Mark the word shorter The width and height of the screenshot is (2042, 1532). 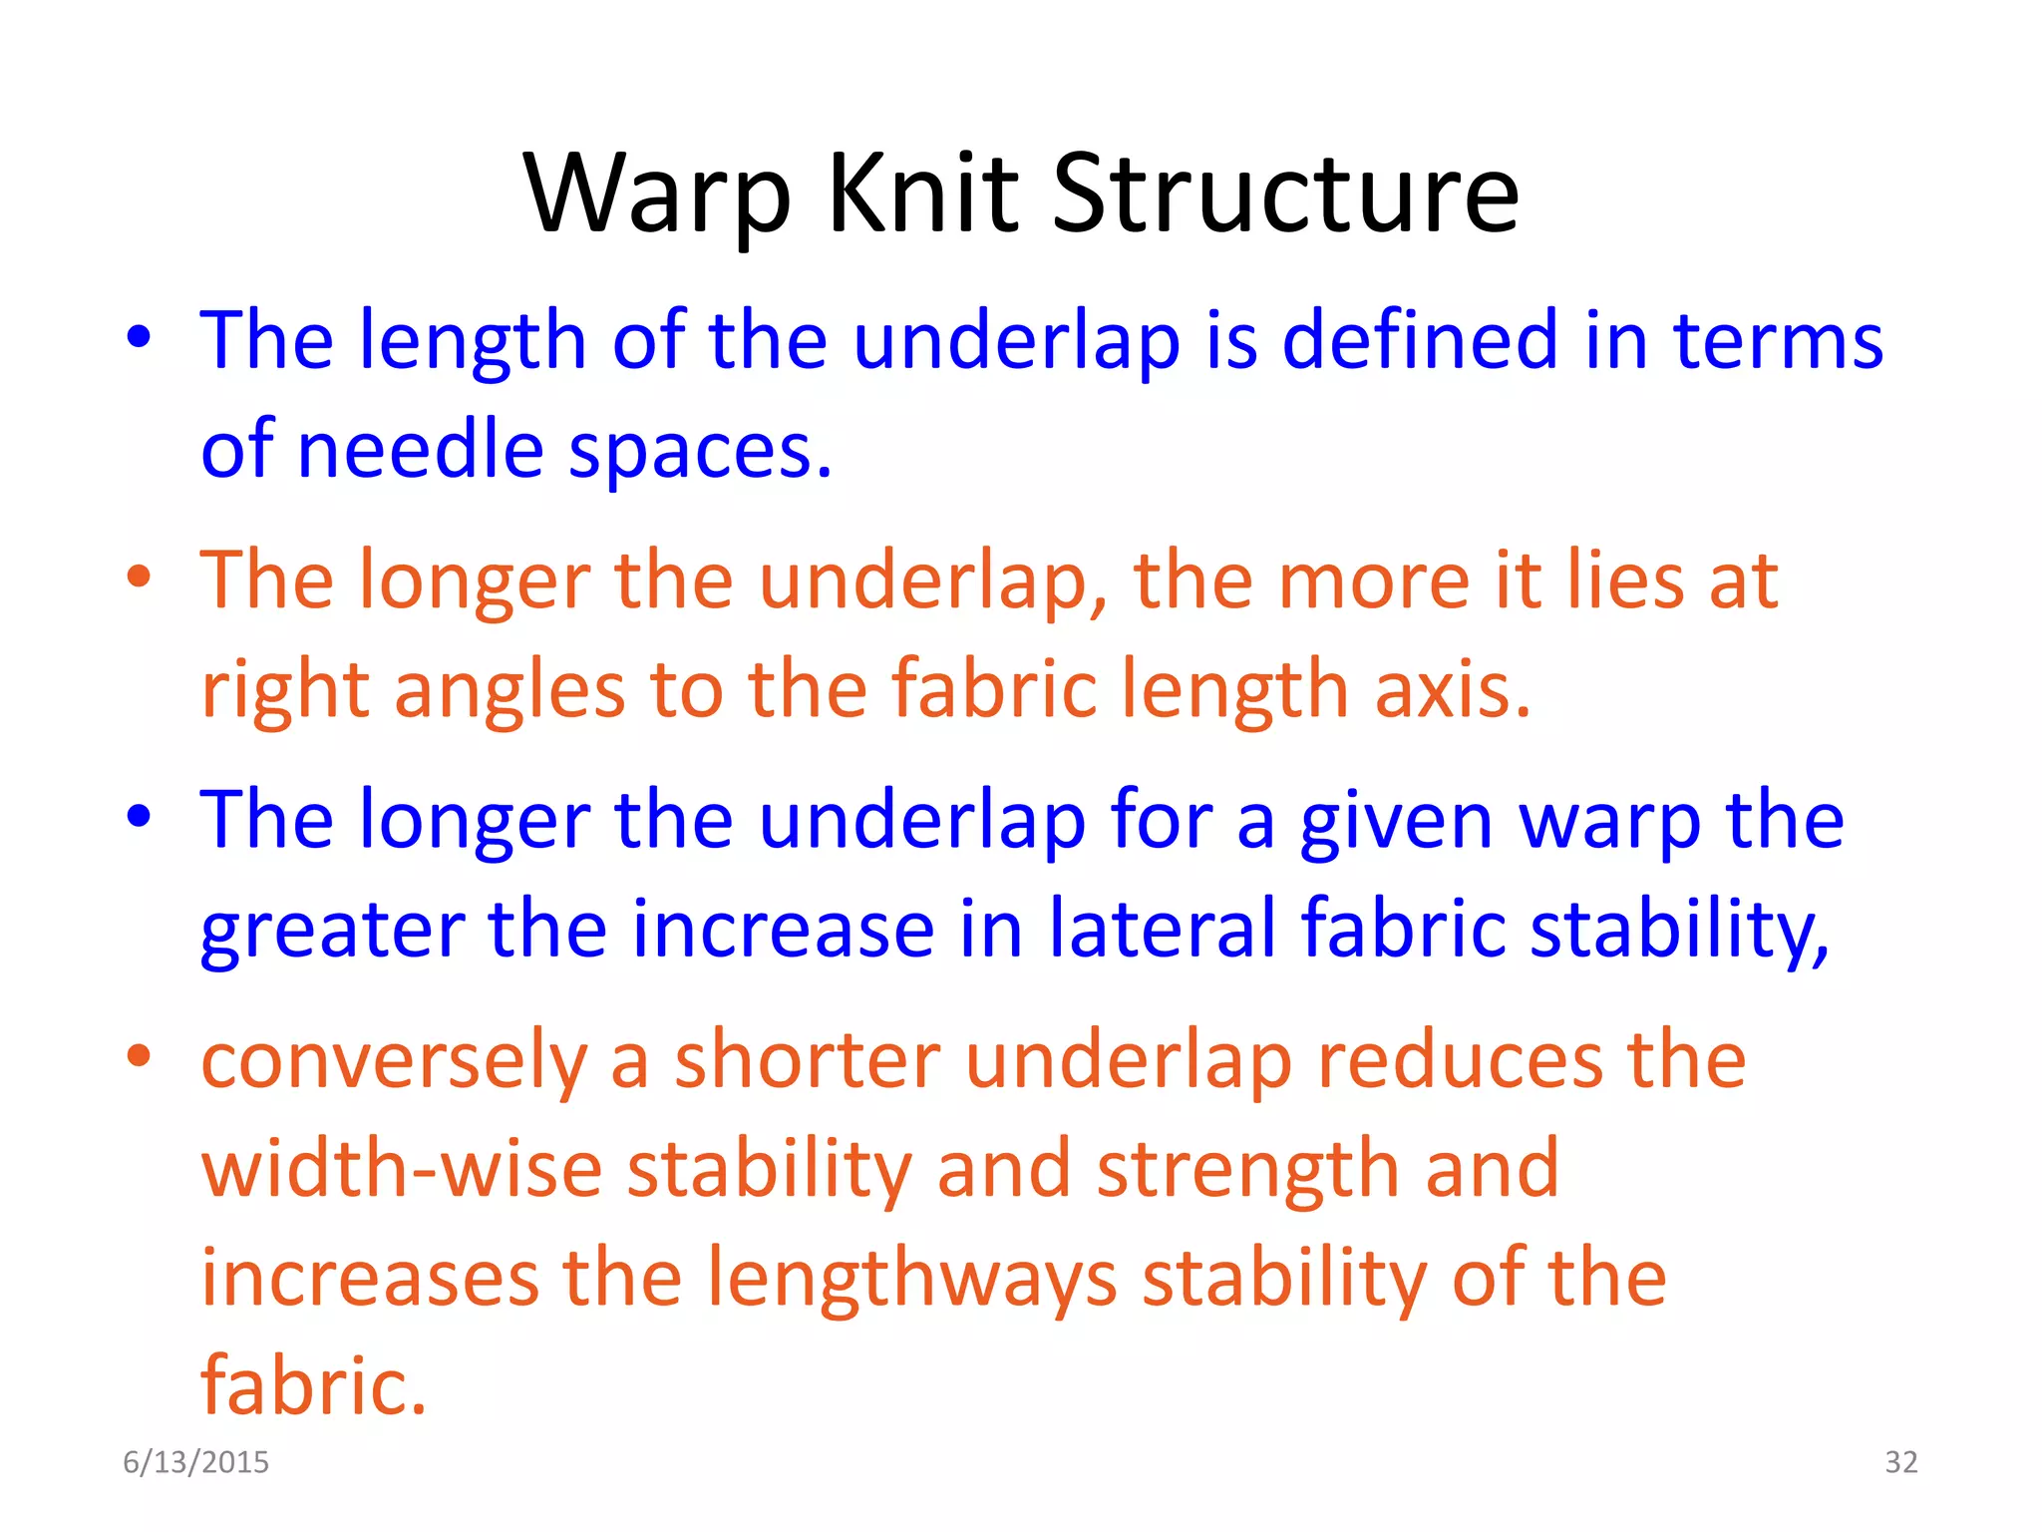tap(808, 1060)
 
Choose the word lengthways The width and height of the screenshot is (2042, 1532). tap(911, 1280)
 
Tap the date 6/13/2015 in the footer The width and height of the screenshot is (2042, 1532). tap(195, 1462)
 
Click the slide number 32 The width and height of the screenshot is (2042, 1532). tap(1900, 1462)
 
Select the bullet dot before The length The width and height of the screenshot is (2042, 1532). tap(140, 337)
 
